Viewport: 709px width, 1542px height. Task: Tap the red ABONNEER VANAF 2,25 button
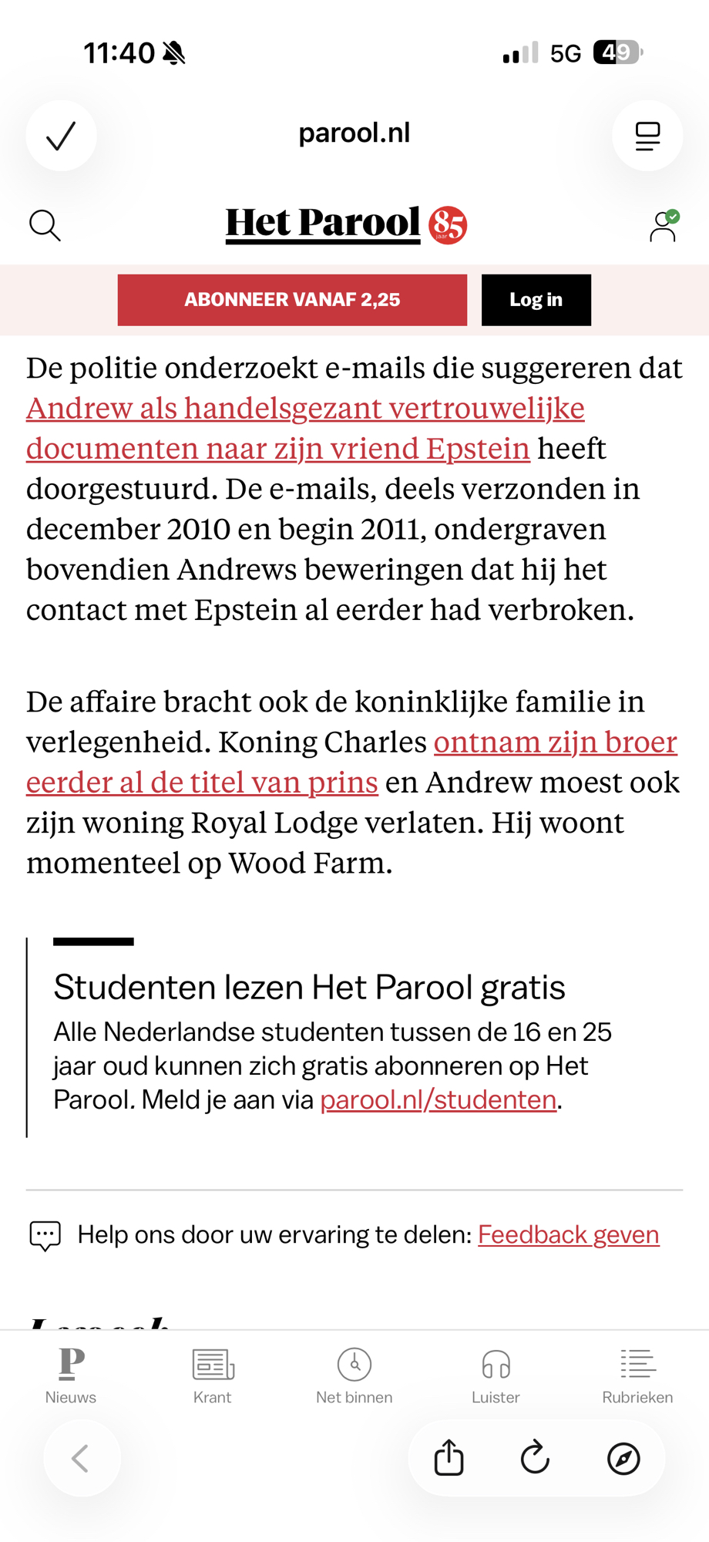[x=292, y=300]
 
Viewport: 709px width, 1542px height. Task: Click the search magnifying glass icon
[x=45, y=226]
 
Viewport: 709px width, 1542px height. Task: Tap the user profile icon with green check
[x=663, y=227]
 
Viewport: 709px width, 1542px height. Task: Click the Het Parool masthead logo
[x=323, y=224]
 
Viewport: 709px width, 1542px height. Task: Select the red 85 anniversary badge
[x=448, y=225]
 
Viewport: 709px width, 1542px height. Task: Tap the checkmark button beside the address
[x=61, y=136]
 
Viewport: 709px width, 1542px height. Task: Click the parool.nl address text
[x=354, y=133]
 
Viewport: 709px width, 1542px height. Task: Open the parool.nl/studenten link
[x=438, y=1099]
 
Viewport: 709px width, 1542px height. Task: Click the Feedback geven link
[x=568, y=1234]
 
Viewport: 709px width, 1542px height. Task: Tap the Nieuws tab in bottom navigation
[x=71, y=1375]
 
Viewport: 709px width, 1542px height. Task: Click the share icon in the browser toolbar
[x=449, y=1458]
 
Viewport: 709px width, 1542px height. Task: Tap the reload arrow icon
[x=535, y=1458]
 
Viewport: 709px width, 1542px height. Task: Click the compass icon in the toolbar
[x=623, y=1458]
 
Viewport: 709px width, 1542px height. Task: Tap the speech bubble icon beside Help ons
[x=45, y=1235]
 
